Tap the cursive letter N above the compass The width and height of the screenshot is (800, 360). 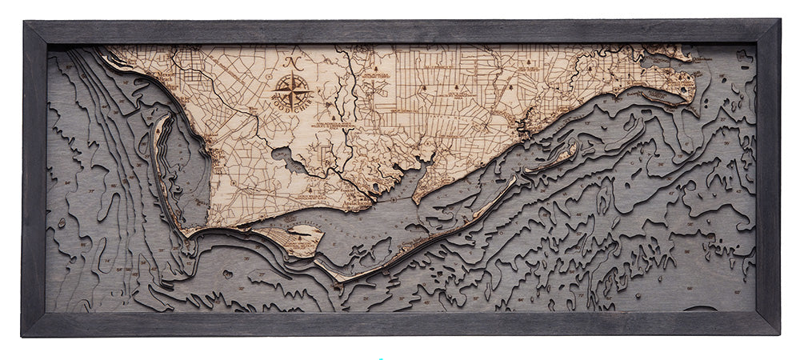click(293, 63)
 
